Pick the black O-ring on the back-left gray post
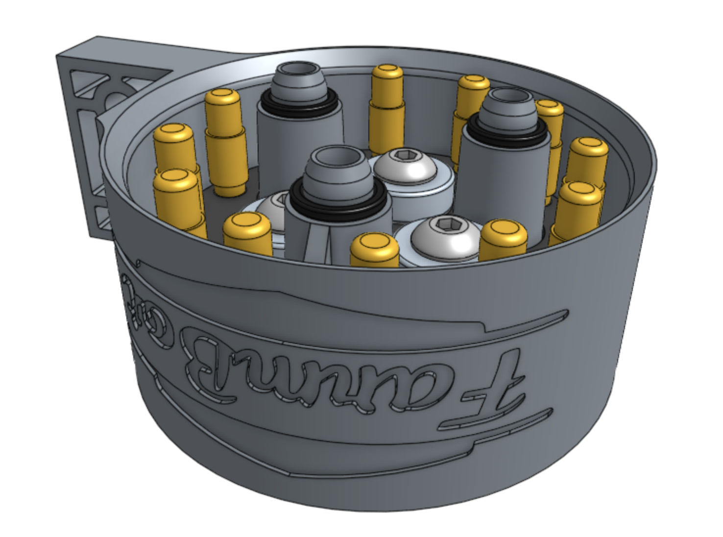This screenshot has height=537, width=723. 299,102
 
